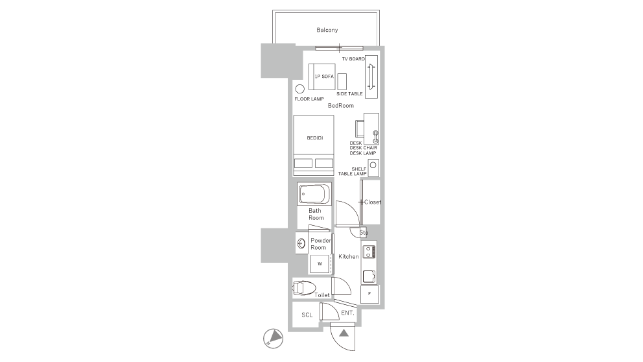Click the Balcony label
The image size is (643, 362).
(x=327, y=30)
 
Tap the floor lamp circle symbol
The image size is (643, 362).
(x=299, y=89)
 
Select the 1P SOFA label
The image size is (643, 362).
(x=324, y=77)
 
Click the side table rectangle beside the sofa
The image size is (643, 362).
(x=342, y=82)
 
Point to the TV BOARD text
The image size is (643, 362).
(x=353, y=59)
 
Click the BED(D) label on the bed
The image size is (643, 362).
(x=315, y=138)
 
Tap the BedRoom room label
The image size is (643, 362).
(x=340, y=106)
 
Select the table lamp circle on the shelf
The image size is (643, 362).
(x=373, y=165)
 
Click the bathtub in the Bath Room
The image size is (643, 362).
(x=314, y=194)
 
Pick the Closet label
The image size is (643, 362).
(x=372, y=202)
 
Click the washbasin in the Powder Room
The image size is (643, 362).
(x=301, y=244)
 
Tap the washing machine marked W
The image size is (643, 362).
(x=320, y=264)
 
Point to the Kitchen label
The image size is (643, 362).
(x=349, y=256)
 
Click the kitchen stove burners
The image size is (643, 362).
(x=369, y=252)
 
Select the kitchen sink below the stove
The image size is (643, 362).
(x=369, y=276)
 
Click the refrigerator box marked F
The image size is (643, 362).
(x=369, y=294)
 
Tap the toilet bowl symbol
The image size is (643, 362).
(x=304, y=288)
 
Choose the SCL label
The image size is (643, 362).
(x=307, y=315)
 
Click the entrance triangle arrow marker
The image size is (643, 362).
(x=344, y=333)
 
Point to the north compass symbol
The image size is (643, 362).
(x=273, y=339)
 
